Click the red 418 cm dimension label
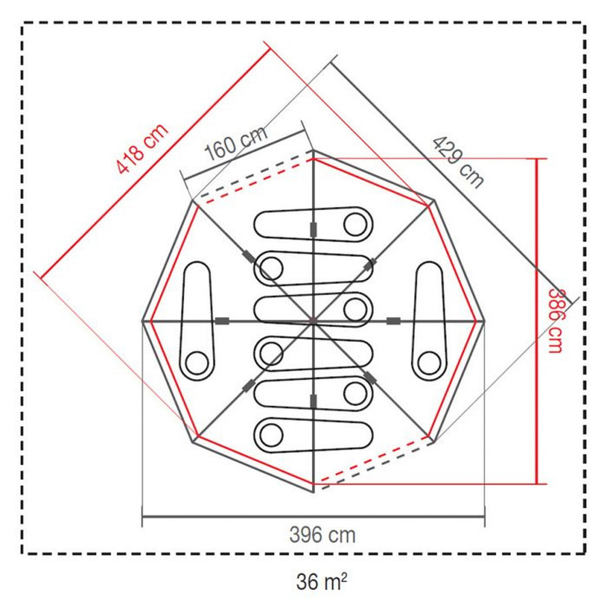pyautogui.click(x=142, y=148)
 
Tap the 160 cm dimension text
pyautogui.click(x=236, y=143)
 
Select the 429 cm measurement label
pyautogui.click(x=458, y=162)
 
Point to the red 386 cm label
pyautogui.click(x=555, y=321)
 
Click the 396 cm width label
pyautogui.click(x=323, y=536)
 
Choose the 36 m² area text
pyautogui.click(x=321, y=581)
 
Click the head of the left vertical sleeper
pyautogui.click(x=197, y=363)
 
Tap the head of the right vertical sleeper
pyautogui.click(x=429, y=363)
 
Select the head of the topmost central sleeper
pyautogui.click(x=355, y=224)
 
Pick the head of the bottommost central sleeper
pyautogui.click(x=271, y=435)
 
